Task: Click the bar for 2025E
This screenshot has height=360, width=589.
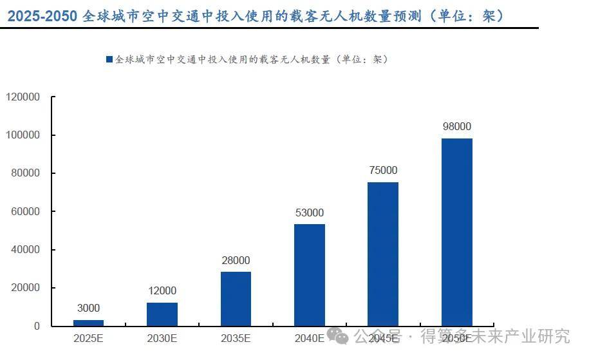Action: [x=88, y=323]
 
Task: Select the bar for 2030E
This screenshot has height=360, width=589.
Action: [x=162, y=314]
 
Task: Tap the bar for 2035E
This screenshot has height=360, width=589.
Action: [x=236, y=298]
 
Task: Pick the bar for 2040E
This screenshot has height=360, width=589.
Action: [x=309, y=274]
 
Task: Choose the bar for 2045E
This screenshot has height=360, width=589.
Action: [x=382, y=254]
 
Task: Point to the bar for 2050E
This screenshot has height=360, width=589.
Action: [x=456, y=232]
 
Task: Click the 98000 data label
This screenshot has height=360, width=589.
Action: [x=456, y=127]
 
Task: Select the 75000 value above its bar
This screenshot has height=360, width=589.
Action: [x=382, y=171]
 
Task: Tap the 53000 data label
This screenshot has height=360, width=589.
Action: [x=309, y=213]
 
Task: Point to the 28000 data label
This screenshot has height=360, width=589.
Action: [x=236, y=260]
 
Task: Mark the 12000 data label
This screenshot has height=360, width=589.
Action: [x=162, y=291]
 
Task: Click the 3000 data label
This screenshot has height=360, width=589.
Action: [x=88, y=308]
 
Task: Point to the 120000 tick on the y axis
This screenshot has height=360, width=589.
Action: [x=23, y=97]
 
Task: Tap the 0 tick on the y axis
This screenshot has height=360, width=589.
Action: [x=37, y=326]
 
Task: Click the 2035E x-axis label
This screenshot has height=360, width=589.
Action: [x=236, y=337]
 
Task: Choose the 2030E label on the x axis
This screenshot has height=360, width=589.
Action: [x=162, y=337]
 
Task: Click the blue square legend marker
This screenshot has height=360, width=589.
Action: [x=109, y=59]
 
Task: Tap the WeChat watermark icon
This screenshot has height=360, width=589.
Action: [x=338, y=336]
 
